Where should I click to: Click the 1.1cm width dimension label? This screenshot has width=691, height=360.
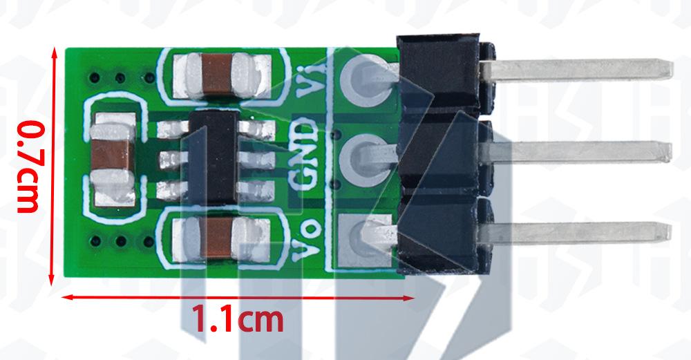[x=238, y=319]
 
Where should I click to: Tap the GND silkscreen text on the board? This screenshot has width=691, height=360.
[x=303, y=153]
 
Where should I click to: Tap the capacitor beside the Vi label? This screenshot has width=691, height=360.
[x=222, y=75]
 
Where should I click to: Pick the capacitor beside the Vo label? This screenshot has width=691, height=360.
[x=221, y=238]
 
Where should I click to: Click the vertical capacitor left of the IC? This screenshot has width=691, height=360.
[x=113, y=160]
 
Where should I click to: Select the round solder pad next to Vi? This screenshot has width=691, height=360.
[x=366, y=82]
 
